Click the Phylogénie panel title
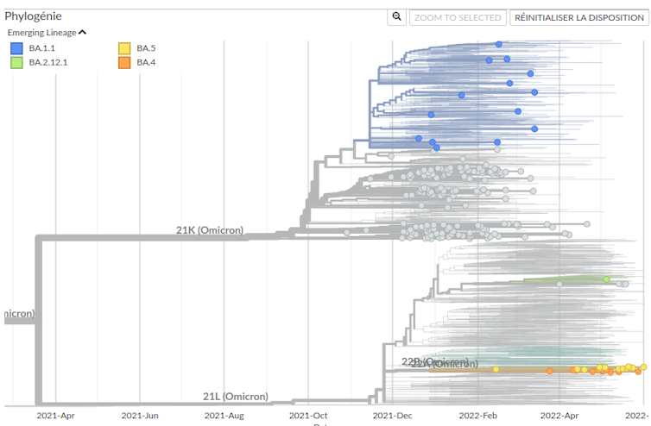click(x=33, y=16)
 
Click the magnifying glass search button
click(x=396, y=17)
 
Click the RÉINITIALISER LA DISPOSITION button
click(x=578, y=17)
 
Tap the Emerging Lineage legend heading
click(x=41, y=33)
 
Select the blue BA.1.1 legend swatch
click(x=16, y=47)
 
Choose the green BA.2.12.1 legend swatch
click(x=16, y=62)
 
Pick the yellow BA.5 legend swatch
click(x=124, y=47)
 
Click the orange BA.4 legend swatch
click(x=124, y=62)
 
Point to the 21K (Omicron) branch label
click(x=210, y=230)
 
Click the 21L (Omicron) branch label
click(x=236, y=397)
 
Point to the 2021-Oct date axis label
click(x=308, y=415)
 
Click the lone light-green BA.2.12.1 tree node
click(x=606, y=279)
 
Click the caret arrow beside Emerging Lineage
click(x=82, y=33)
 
